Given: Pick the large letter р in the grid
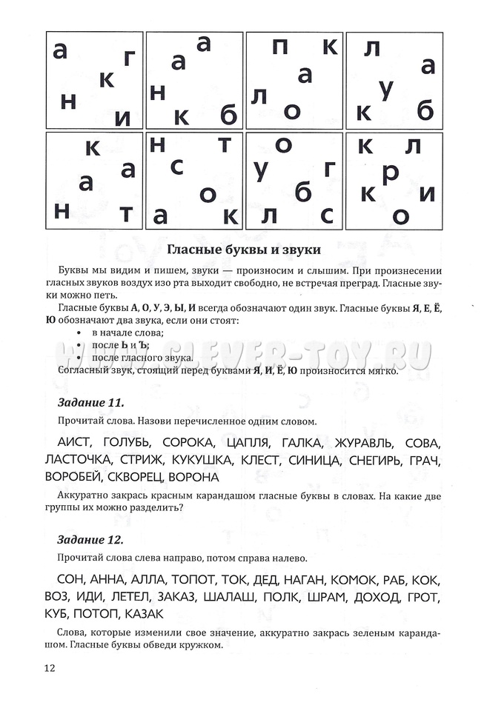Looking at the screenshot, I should point(390,172).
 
